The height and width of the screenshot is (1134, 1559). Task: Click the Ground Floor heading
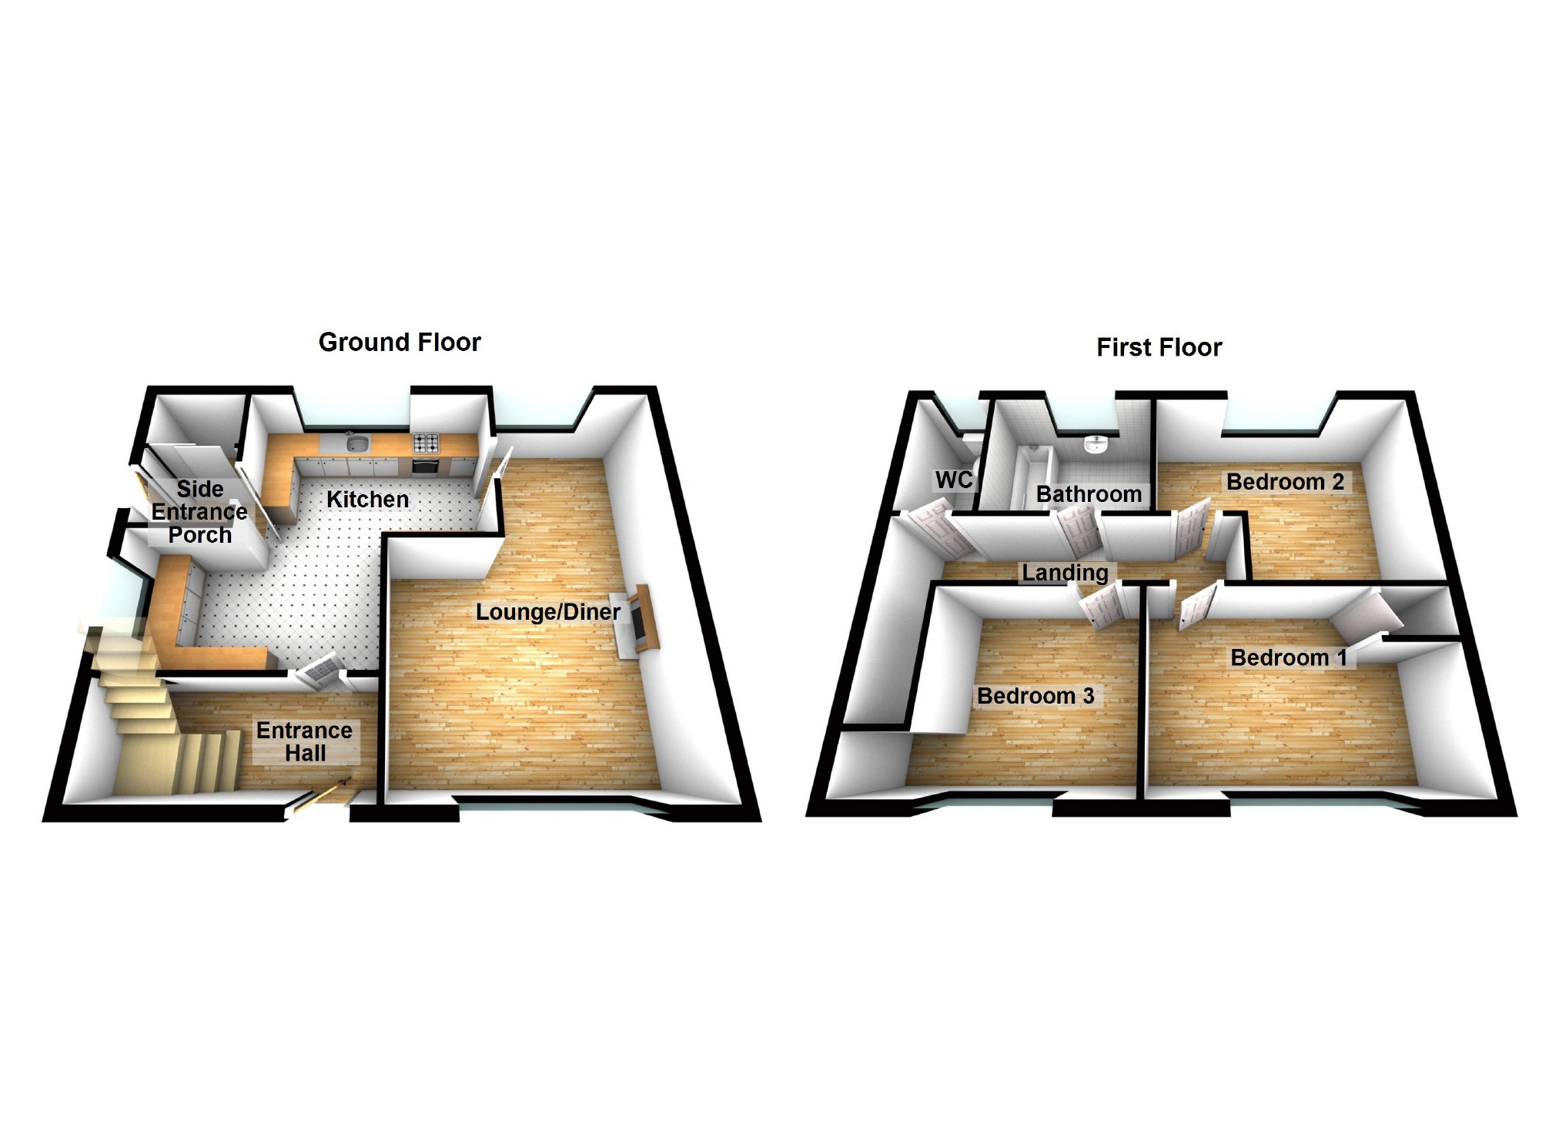(400, 342)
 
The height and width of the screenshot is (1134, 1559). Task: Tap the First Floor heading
(1159, 347)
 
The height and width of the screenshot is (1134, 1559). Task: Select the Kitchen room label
(367, 499)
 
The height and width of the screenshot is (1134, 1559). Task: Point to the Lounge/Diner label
(547, 612)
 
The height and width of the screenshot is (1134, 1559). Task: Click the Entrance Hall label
(305, 741)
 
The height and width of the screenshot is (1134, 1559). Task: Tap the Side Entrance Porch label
(199, 511)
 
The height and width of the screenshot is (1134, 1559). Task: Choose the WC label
(954, 480)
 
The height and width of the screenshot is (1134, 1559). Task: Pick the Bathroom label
(1089, 493)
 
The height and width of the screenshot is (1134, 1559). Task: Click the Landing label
(1065, 572)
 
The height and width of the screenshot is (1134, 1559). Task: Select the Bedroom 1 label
(1288, 657)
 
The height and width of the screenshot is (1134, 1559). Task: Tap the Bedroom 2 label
(1285, 482)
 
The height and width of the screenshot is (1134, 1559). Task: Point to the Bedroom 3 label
(1035, 696)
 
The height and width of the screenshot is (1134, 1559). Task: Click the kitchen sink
(358, 443)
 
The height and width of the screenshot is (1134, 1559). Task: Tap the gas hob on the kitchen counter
(427, 443)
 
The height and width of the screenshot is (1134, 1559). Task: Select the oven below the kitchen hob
(427, 467)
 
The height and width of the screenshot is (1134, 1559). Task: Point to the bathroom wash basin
(1095, 444)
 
